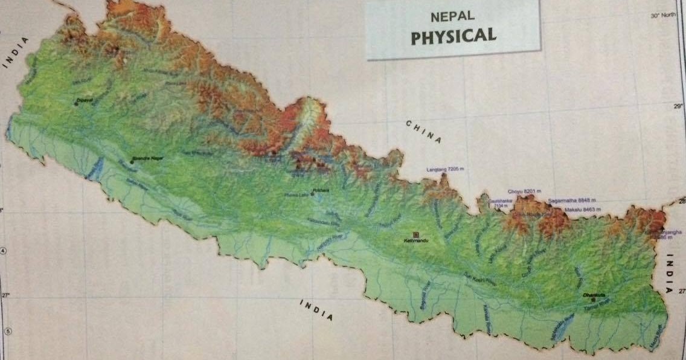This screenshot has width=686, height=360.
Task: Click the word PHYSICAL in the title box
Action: click(454, 36)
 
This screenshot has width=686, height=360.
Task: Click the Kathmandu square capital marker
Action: click(415, 234)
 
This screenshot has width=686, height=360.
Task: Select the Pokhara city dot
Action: click(312, 193)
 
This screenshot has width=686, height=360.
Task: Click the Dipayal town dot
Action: click(76, 104)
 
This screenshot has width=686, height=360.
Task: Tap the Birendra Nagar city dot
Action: click(132, 162)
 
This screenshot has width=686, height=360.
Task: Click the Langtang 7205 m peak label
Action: click(447, 170)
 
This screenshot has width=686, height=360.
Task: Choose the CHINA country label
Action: click(423, 131)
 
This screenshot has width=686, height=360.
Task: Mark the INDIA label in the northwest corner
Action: click(15, 52)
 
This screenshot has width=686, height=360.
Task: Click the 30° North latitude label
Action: click(662, 16)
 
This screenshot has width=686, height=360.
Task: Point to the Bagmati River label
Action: click(424, 300)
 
